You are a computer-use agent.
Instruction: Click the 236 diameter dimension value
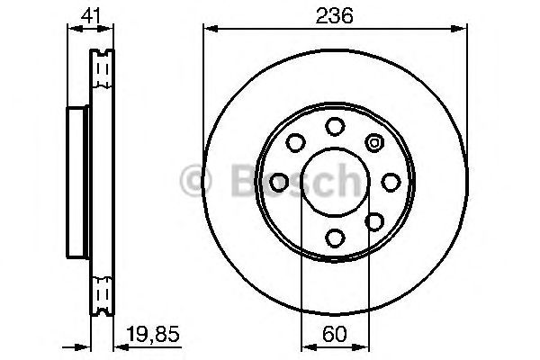(x=334, y=14)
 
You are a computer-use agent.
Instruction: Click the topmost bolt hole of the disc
(x=335, y=125)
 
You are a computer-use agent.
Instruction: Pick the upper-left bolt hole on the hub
(x=294, y=142)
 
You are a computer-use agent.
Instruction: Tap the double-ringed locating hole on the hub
(x=374, y=141)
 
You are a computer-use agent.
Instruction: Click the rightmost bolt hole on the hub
(x=391, y=181)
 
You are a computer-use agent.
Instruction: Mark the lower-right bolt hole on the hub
(x=374, y=220)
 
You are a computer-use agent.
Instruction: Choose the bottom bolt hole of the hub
(x=335, y=238)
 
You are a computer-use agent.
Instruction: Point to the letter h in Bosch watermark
(x=345, y=181)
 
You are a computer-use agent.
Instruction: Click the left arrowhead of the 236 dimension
(x=209, y=29)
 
